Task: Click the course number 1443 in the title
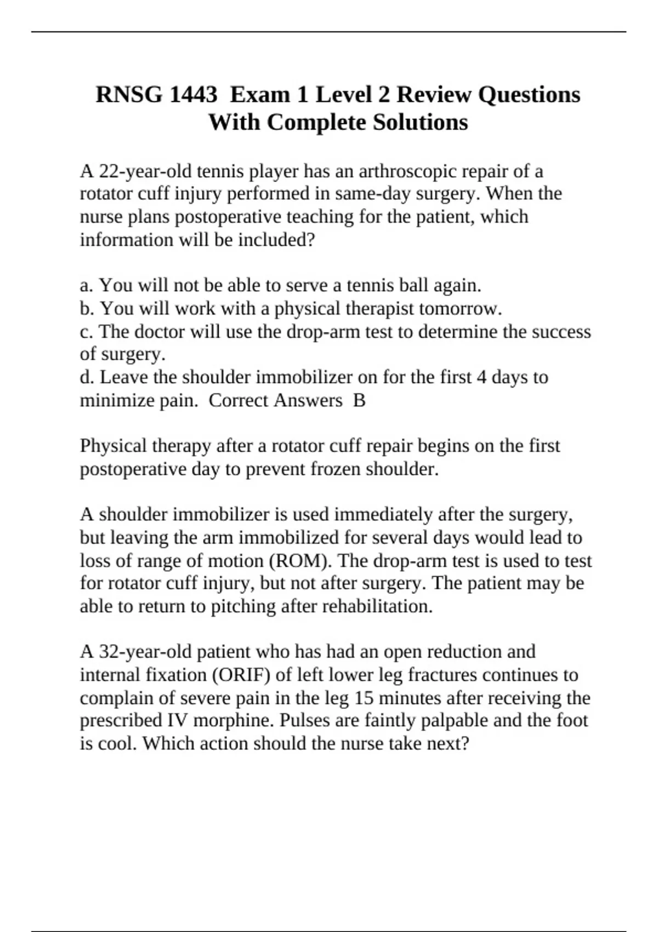coord(193,95)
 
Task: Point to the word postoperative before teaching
coord(228,217)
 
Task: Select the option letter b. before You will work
coord(87,309)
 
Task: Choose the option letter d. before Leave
coord(87,377)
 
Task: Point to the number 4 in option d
coord(481,377)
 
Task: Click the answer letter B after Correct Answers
coord(359,400)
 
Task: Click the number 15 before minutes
coord(364,698)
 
